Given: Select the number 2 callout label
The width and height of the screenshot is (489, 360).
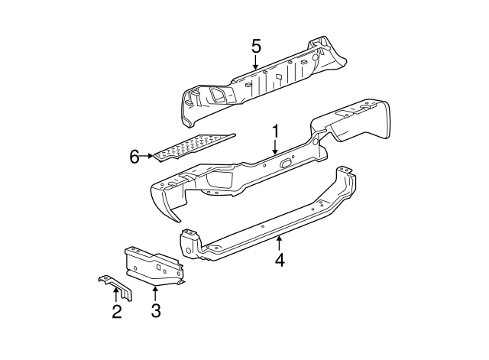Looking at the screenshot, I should tap(116, 311).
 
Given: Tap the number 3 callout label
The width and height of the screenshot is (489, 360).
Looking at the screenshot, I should tap(155, 311).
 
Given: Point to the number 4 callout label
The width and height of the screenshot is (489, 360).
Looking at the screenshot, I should tap(280, 260).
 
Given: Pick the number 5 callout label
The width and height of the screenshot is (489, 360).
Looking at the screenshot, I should tap(256, 46).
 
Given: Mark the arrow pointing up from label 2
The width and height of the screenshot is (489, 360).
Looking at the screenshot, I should tap(116, 294).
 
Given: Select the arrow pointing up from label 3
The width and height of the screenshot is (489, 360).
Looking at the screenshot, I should tap(155, 294).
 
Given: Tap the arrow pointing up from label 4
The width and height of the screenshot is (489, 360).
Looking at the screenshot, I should tap(280, 243).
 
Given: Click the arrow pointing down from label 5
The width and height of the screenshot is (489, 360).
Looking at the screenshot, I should tap(256, 64).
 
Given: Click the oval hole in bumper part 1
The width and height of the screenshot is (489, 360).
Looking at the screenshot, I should tap(287, 162).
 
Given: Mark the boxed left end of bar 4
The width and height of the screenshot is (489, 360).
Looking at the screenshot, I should tap(188, 243).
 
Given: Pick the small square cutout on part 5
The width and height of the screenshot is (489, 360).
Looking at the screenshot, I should tap(279, 76).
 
